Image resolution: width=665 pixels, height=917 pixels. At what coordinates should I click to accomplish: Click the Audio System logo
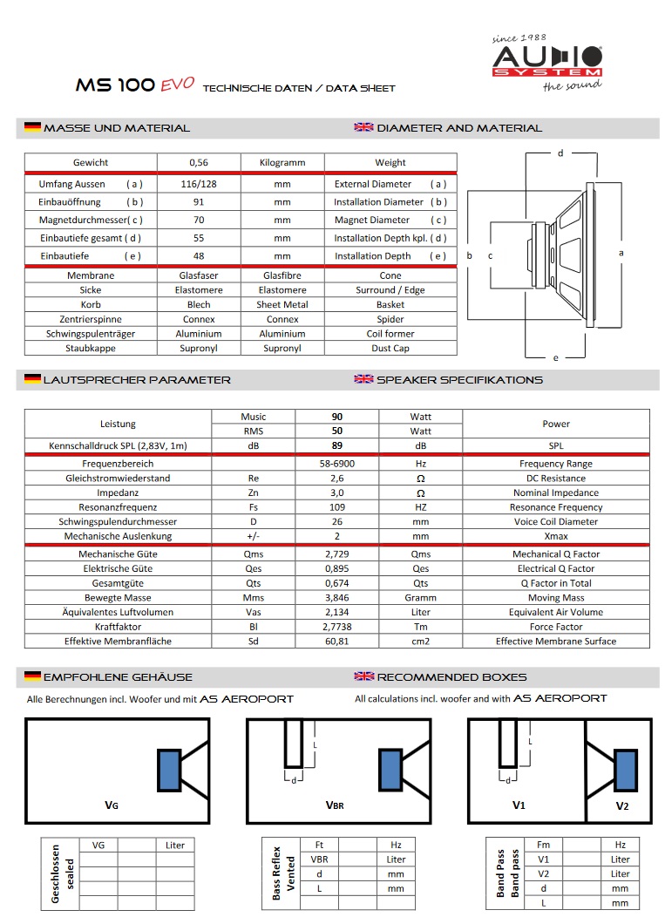(546, 61)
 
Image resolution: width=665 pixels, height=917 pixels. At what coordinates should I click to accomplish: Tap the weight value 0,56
(199, 162)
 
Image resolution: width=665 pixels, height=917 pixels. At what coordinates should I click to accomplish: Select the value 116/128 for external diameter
(199, 184)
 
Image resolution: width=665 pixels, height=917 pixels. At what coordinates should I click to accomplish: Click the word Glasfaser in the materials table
(199, 275)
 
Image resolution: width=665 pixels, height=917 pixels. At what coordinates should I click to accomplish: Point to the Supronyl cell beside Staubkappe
(199, 348)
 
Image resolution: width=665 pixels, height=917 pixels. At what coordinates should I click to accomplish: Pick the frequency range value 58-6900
(337, 464)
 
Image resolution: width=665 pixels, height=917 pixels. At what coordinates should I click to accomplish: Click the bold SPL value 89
(337, 445)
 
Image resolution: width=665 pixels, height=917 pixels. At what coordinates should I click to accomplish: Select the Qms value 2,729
(337, 554)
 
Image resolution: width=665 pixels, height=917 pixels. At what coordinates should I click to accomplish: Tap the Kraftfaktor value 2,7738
(337, 626)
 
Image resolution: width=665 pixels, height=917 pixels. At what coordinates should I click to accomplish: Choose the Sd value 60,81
(337, 641)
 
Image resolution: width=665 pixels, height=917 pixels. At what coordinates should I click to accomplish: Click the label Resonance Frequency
(555, 507)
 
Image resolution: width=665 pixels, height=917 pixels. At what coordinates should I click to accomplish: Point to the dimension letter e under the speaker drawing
(555, 357)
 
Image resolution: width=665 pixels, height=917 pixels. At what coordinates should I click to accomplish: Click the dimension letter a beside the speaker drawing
(621, 253)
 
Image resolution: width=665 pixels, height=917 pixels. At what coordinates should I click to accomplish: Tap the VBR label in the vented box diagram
(335, 805)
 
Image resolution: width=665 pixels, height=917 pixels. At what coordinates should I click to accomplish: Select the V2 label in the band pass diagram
(621, 805)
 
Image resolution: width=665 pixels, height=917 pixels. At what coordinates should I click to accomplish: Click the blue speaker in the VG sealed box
(169, 770)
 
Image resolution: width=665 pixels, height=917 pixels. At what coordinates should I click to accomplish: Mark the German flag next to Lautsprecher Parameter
(32, 379)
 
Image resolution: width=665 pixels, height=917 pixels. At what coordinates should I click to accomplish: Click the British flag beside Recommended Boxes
(363, 676)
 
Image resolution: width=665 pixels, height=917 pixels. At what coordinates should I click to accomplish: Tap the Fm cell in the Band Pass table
(544, 845)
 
